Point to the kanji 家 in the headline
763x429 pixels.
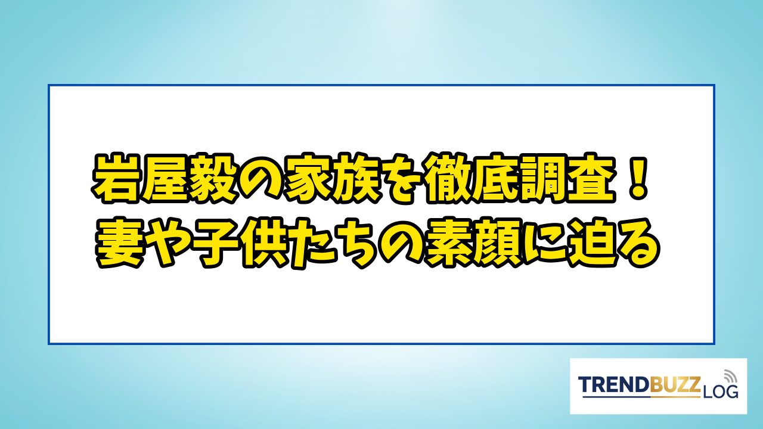click(306, 180)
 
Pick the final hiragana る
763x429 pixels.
click(638, 244)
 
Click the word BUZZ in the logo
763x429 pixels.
click(675, 384)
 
